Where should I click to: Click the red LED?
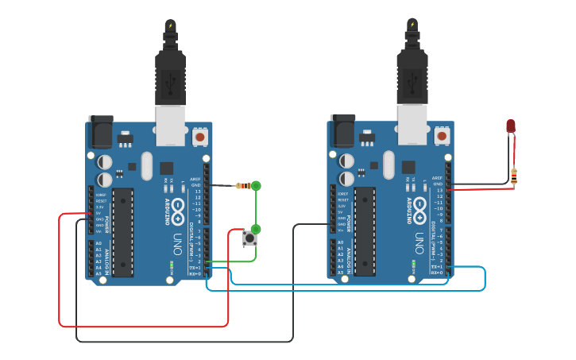511,126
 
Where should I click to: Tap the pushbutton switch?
250,238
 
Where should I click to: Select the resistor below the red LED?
514,176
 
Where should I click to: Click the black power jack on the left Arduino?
101,131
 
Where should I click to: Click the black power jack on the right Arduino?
342,130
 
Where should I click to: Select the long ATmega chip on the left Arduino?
122,232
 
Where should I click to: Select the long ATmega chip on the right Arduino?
365,231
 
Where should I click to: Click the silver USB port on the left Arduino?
170,126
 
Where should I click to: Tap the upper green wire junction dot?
256,186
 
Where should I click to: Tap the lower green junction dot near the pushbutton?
256,229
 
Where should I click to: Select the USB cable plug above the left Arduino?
170,75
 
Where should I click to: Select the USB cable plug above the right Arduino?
412,75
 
